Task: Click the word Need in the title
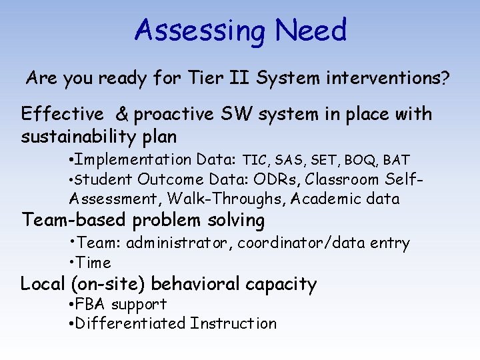311,30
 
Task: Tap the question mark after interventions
444,79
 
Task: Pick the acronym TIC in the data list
256,160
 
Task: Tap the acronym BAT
397,160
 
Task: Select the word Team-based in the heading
75,220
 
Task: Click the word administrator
178,243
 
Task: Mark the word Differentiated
131,324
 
